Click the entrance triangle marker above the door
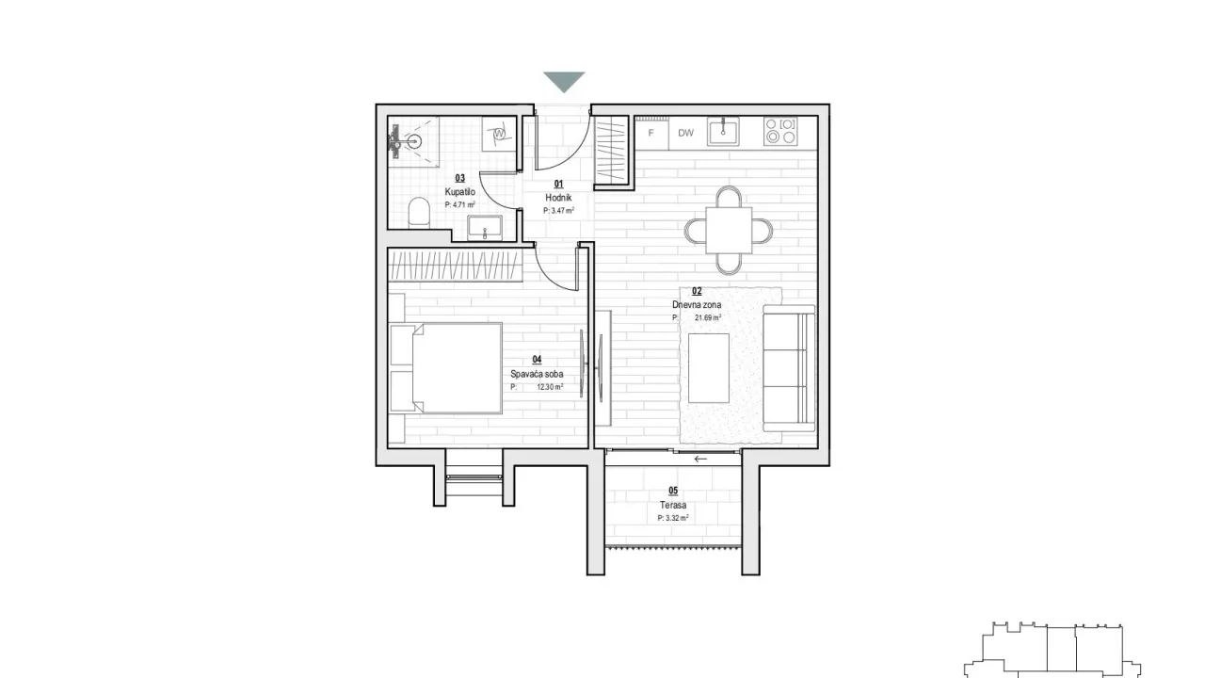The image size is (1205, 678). (x=564, y=82)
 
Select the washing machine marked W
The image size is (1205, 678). (x=499, y=136)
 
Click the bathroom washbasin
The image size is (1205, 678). (x=484, y=228)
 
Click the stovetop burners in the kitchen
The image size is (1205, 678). (x=780, y=131)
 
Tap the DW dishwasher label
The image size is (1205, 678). (x=685, y=133)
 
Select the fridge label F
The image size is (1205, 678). (x=651, y=133)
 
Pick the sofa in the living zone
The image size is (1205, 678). (x=789, y=368)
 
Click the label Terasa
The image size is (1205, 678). (x=672, y=506)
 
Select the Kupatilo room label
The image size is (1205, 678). (x=460, y=191)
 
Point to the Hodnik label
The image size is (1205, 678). (x=558, y=198)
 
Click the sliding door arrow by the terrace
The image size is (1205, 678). (x=699, y=459)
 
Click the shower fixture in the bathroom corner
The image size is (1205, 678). (x=400, y=143)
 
